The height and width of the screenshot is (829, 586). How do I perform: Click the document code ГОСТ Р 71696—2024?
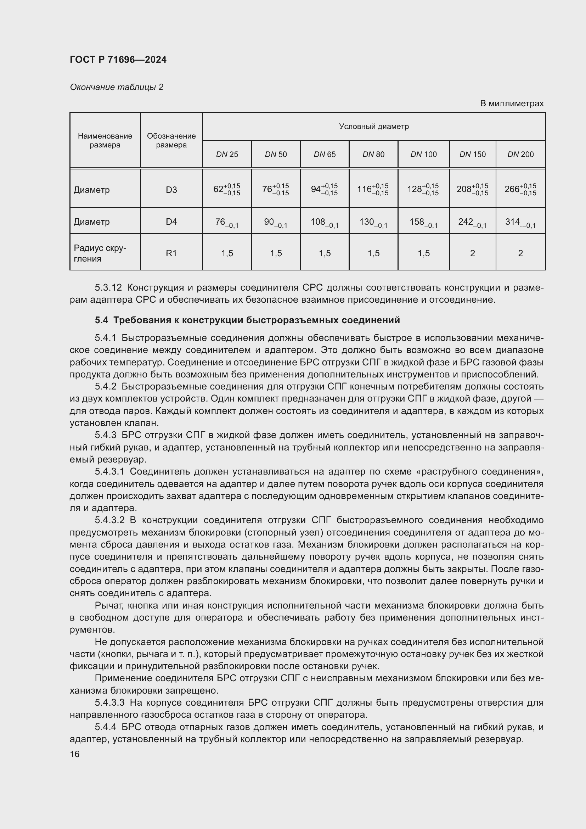[x=118, y=60]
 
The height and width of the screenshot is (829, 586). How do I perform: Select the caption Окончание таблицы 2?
[x=117, y=87]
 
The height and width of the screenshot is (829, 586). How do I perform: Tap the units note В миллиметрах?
[x=511, y=103]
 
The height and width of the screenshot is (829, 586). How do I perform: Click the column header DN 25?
[x=227, y=155]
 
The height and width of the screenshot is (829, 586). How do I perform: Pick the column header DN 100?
[x=423, y=155]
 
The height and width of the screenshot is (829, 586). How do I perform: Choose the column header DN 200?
[x=520, y=155]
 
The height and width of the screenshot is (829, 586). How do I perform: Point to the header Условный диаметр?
[x=374, y=127]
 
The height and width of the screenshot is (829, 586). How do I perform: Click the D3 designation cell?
[x=171, y=190]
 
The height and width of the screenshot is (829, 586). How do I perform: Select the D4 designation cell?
[x=171, y=222]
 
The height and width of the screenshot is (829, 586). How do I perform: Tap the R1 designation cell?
[x=171, y=253]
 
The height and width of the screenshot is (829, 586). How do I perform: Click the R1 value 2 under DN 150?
[x=472, y=253]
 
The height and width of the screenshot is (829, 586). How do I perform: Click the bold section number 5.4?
[x=101, y=320]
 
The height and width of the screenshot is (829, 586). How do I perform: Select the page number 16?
[x=75, y=754]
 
